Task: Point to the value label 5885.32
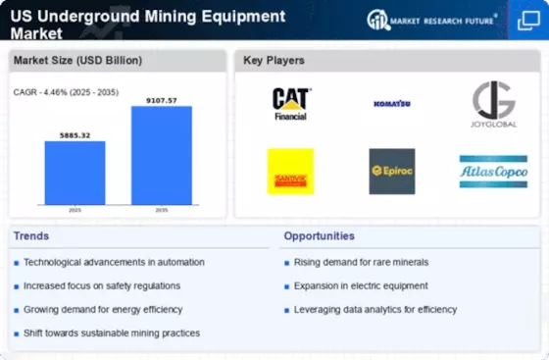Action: pyautogui.click(x=75, y=134)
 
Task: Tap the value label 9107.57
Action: pyautogui.click(x=163, y=98)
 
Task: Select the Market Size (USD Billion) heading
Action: pyautogui.click(x=77, y=61)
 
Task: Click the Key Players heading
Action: pyautogui.click(x=275, y=61)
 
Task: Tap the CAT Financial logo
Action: pyautogui.click(x=290, y=103)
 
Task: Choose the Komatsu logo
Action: pyautogui.click(x=390, y=103)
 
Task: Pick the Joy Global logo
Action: pyautogui.click(x=493, y=103)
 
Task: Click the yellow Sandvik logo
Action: pyautogui.click(x=290, y=171)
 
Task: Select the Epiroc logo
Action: pyautogui.click(x=391, y=171)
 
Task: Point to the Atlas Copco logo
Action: pyautogui.click(x=493, y=171)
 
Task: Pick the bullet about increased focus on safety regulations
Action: pyautogui.click(x=102, y=285)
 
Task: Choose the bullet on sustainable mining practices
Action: pyautogui.click(x=112, y=333)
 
